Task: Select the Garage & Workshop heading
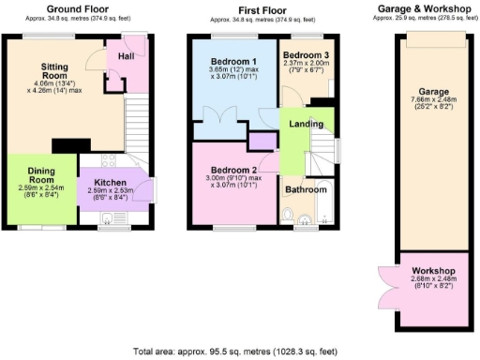coord(423,9)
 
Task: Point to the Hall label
coord(125,56)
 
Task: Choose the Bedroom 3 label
coord(307,55)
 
